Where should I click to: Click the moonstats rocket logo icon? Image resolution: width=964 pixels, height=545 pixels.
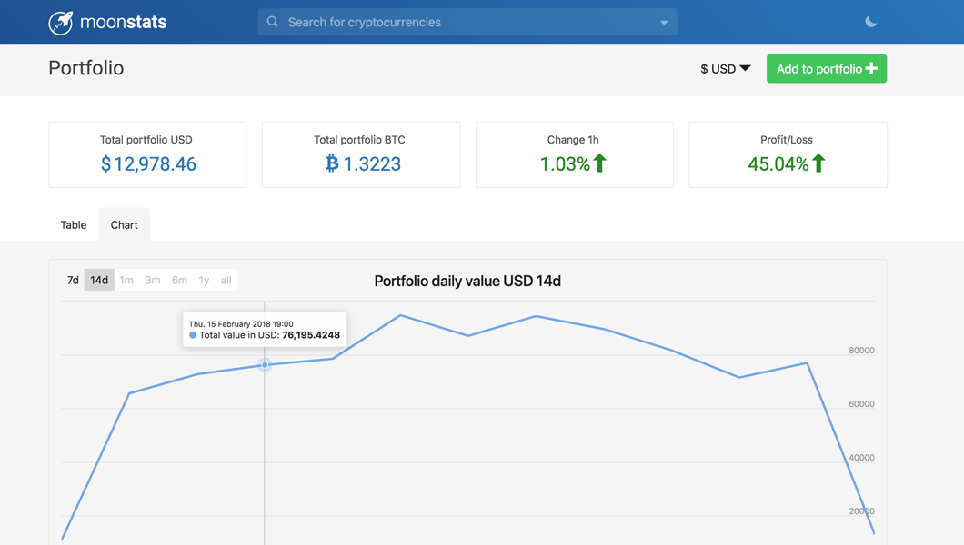(61, 22)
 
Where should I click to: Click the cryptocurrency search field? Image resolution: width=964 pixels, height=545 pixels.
(464, 22)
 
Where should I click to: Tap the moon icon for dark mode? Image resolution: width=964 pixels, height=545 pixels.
(870, 22)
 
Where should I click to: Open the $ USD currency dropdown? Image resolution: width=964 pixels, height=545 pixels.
(725, 69)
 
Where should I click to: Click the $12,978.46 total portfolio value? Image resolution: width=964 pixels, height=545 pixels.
(148, 164)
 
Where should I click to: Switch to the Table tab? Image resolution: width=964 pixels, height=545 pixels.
(74, 225)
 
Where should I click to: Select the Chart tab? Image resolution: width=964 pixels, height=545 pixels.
(125, 225)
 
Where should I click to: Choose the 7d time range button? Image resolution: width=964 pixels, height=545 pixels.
(73, 281)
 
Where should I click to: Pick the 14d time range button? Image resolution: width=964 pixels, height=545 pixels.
(99, 281)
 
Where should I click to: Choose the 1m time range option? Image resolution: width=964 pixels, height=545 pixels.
(126, 281)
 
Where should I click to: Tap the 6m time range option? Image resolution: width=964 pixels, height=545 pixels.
(179, 281)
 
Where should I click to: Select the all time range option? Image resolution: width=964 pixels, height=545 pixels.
(226, 281)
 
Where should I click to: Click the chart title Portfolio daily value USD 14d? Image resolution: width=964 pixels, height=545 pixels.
(467, 282)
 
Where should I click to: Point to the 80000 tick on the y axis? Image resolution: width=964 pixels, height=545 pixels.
(861, 351)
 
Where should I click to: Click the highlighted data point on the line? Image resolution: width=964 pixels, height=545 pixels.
(265, 365)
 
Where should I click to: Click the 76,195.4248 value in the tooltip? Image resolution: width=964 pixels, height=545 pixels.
(311, 335)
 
